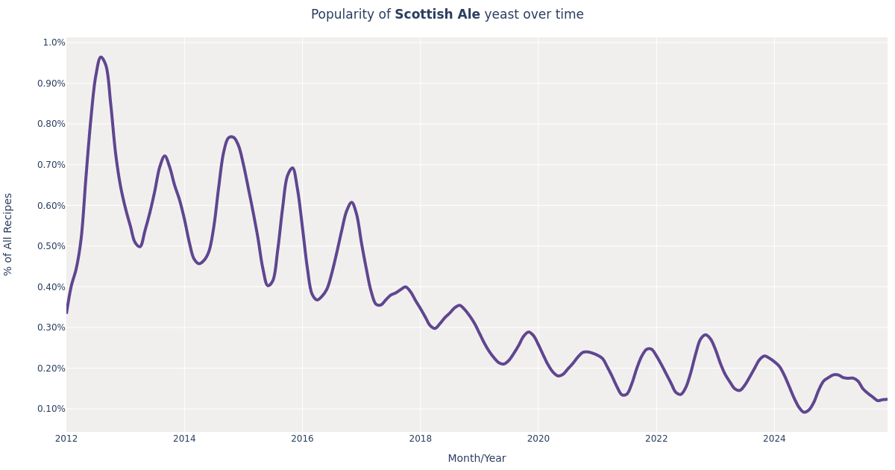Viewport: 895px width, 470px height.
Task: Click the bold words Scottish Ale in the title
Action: click(x=437, y=15)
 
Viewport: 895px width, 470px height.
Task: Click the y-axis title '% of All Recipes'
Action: click(x=9, y=234)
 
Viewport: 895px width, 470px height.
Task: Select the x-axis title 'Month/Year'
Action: click(x=477, y=458)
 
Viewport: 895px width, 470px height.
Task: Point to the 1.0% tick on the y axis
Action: click(x=54, y=43)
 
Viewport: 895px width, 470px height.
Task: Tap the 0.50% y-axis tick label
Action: click(x=51, y=246)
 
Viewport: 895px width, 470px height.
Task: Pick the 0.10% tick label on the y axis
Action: click(x=51, y=409)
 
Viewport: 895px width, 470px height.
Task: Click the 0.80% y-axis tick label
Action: click(x=51, y=124)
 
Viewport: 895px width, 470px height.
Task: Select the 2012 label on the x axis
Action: click(x=66, y=439)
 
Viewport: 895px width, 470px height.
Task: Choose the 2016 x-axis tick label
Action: click(x=302, y=439)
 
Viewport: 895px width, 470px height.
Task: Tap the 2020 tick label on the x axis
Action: click(x=538, y=439)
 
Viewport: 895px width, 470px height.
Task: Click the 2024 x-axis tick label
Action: click(x=774, y=439)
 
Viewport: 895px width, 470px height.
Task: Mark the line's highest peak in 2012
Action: click(x=101, y=57)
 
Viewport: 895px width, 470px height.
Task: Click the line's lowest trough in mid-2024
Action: click(x=805, y=412)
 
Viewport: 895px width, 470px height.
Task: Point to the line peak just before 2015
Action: click(x=231, y=137)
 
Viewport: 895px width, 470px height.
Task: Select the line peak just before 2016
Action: click(x=292, y=168)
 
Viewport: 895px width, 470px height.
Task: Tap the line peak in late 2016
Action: click(x=351, y=202)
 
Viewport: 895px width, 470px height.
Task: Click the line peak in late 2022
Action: click(x=706, y=335)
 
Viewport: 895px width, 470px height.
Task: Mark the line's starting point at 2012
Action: click(x=67, y=312)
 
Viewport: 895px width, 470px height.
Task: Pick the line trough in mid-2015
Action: click(x=268, y=286)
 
